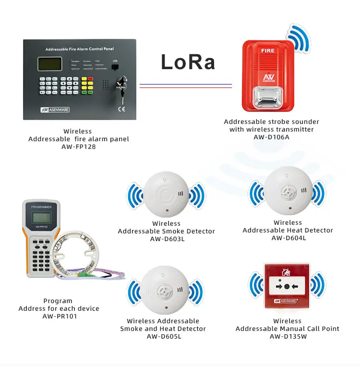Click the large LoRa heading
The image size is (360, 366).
[188, 62]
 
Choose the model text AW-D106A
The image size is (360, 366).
[272, 137]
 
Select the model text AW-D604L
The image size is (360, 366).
[288, 238]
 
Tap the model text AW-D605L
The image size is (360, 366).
[164, 336]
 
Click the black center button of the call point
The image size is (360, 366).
[287, 287]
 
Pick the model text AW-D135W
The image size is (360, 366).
[288, 336]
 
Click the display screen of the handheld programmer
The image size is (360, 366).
[41, 217]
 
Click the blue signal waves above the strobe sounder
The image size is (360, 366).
[300, 38]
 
